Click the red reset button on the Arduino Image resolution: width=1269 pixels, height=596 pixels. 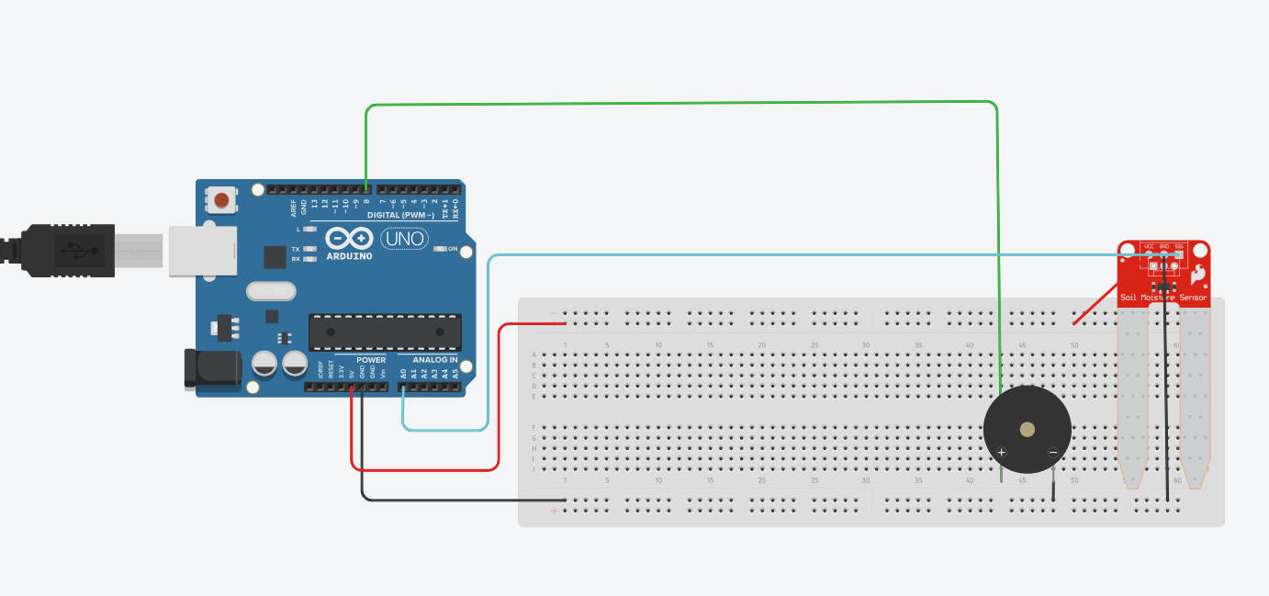(x=221, y=199)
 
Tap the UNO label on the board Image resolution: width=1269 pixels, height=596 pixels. (x=404, y=239)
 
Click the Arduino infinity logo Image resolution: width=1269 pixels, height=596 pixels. (x=348, y=239)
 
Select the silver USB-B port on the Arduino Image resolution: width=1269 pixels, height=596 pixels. (x=203, y=251)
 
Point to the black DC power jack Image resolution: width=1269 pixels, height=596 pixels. (x=212, y=367)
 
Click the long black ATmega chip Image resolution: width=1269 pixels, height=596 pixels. (x=385, y=332)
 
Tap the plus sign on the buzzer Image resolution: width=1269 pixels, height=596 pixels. (x=1002, y=452)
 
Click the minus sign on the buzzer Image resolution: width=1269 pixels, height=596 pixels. (x=1052, y=451)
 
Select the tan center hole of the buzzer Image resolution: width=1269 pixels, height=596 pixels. (x=1028, y=429)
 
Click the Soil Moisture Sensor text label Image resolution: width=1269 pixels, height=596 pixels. (x=1163, y=298)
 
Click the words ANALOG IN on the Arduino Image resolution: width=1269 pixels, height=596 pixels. (x=435, y=360)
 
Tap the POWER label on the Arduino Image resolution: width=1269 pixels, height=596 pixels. (x=371, y=360)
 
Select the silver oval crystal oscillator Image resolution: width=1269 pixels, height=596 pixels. (x=271, y=291)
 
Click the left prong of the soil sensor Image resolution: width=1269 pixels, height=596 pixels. (x=1132, y=395)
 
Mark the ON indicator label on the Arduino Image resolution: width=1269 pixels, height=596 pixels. (x=453, y=249)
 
